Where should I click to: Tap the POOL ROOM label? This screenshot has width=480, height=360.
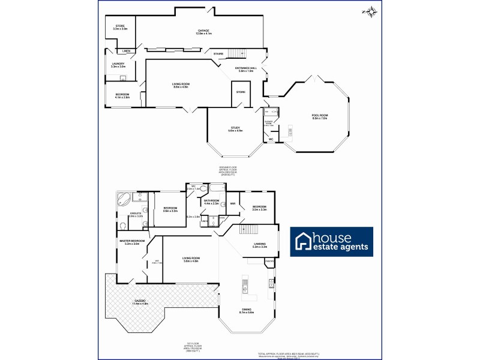[319, 115]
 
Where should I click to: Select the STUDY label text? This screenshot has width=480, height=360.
[235, 128]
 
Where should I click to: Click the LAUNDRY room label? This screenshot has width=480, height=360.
[118, 64]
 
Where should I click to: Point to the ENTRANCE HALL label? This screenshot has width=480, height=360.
[246, 68]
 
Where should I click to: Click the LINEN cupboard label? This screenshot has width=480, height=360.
[127, 51]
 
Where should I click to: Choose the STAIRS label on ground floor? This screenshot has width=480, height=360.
[218, 54]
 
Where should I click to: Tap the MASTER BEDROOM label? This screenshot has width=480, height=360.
[132, 241]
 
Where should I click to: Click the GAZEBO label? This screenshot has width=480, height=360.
[140, 300]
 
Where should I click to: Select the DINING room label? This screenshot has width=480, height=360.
[247, 310]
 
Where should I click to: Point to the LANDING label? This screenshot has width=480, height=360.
[259, 243]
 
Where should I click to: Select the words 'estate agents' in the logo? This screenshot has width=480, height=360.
[340, 247]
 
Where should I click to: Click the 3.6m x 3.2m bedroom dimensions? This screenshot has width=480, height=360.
[172, 211]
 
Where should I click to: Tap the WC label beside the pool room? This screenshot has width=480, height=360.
[271, 139]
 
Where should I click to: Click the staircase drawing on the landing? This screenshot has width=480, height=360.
[249, 230]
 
